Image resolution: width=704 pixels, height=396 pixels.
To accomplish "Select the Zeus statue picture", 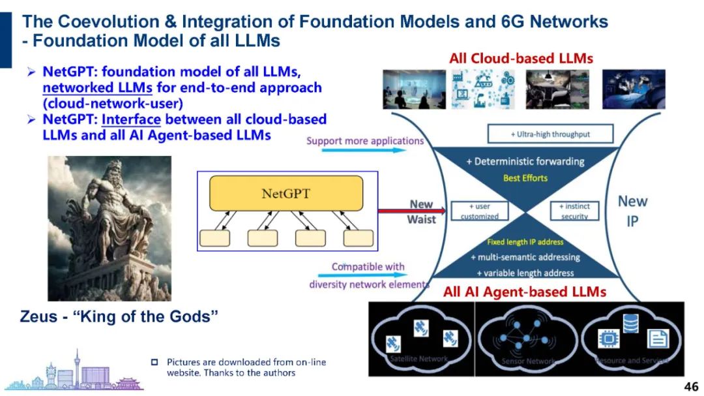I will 110,228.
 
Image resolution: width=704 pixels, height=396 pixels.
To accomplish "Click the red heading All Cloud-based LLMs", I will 521,58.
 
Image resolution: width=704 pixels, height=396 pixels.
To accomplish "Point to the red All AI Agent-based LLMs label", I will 525,292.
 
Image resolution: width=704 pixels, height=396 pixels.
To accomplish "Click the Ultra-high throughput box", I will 551,134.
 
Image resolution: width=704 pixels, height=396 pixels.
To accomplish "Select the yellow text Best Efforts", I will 525,177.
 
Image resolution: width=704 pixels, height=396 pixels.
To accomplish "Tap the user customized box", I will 479,211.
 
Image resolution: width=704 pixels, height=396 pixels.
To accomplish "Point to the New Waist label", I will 420,212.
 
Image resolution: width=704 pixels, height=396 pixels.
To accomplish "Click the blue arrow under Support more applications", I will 355,150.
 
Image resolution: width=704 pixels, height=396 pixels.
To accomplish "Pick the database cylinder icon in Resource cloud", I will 630,323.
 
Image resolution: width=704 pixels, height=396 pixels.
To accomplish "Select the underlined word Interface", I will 130,119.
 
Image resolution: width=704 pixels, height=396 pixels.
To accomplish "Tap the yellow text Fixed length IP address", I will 525,242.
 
